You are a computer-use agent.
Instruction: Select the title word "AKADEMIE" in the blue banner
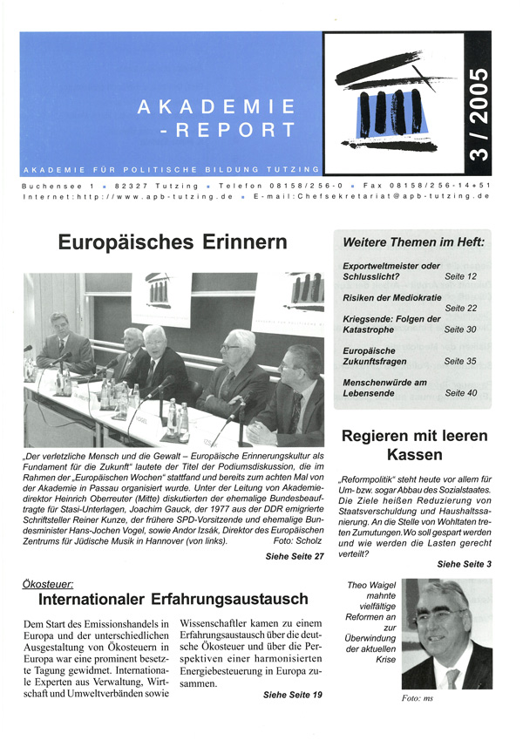pyautogui.click(x=217, y=107)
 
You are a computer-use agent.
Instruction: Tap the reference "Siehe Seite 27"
pyautogui.click(x=294, y=555)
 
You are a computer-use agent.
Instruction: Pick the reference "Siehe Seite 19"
pyautogui.click(x=292, y=694)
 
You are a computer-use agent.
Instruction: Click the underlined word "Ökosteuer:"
pyautogui.click(x=50, y=581)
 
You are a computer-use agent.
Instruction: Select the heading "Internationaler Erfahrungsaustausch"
pyautogui.click(x=173, y=599)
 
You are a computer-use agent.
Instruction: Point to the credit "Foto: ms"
pyautogui.click(x=418, y=698)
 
